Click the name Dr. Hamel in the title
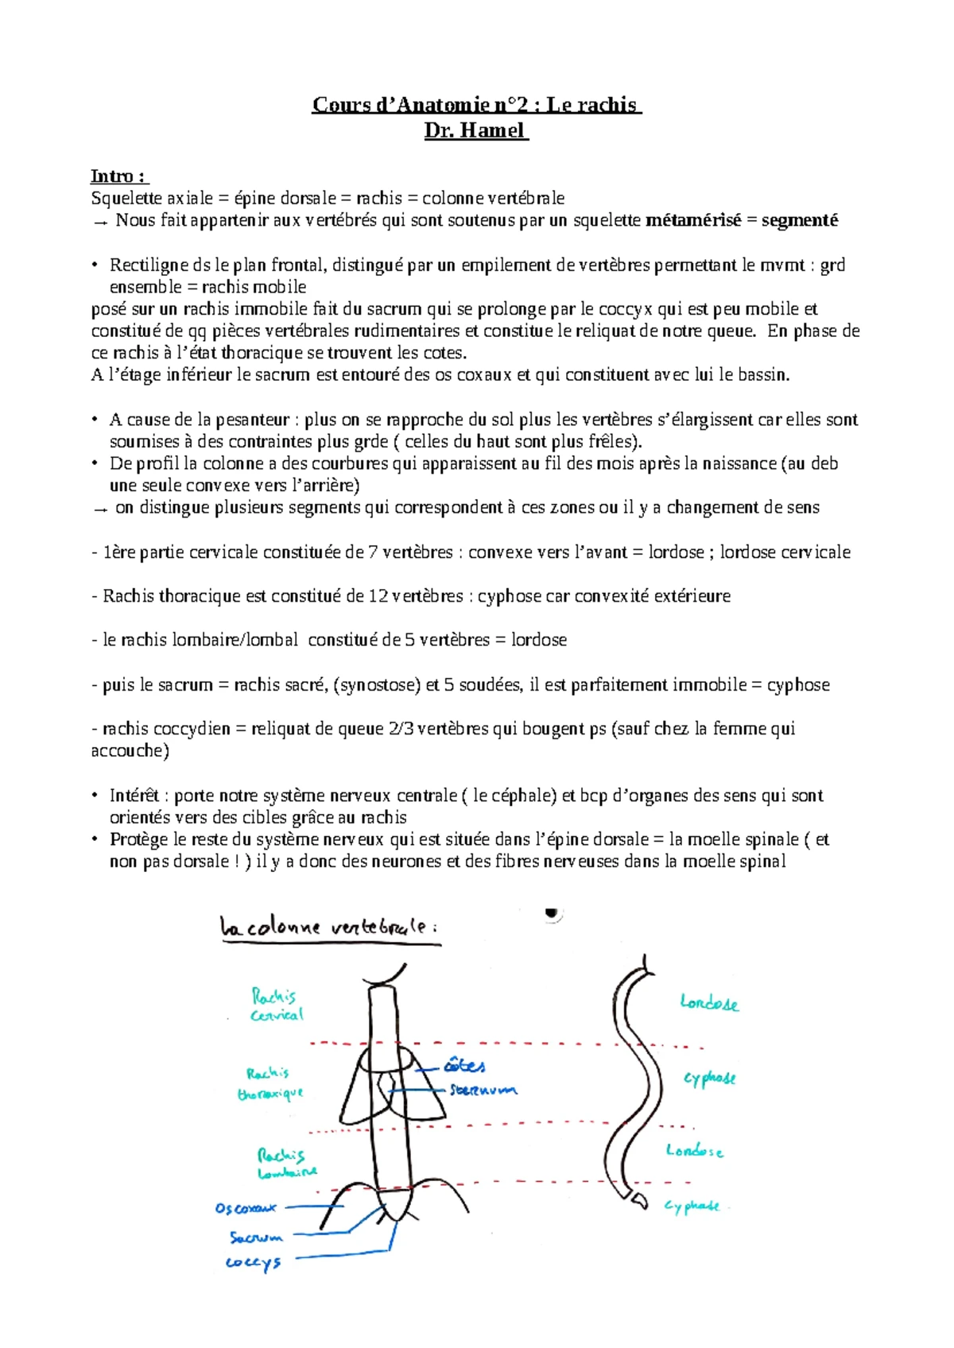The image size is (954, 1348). pos(475,130)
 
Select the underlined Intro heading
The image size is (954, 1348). pos(118,176)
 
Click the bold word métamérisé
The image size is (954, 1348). pos(693,221)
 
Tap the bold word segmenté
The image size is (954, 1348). pos(799,221)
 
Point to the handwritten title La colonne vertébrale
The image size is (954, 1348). pos(328,928)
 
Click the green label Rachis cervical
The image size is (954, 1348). pos(276,1005)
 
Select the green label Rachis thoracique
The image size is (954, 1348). pos(270,1084)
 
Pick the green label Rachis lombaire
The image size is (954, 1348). pos(286,1164)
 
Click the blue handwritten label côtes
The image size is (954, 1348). pos(464,1065)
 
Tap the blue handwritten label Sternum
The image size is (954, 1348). pos(483,1090)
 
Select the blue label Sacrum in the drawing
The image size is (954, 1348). pos(256,1238)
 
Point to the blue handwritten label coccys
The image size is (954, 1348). pos(253,1263)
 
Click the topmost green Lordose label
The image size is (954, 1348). pos(709,1003)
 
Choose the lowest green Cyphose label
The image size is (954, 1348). pos(692,1207)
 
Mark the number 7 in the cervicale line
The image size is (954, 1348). pos(373,552)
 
